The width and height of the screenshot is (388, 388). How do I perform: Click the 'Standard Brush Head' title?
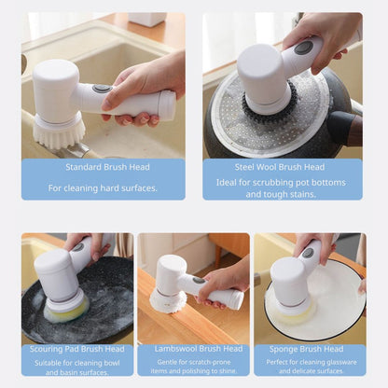(x=107, y=167)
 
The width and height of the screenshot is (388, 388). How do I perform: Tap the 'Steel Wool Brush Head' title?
(x=280, y=167)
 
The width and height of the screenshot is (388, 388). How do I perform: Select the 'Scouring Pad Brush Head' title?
(x=77, y=349)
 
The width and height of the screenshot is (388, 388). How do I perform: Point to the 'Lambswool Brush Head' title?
(x=199, y=349)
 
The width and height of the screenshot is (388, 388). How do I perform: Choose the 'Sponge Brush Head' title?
(x=306, y=349)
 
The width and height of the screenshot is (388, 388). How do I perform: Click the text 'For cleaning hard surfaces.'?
(x=103, y=188)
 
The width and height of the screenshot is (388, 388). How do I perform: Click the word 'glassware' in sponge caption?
(x=340, y=362)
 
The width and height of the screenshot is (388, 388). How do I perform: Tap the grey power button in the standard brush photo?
(x=103, y=89)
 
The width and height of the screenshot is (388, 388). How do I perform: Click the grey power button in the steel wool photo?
(x=304, y=48)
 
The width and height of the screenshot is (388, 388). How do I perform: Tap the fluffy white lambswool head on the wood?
(x=167, y=300)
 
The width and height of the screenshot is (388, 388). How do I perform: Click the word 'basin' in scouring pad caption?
(x=70, y=372)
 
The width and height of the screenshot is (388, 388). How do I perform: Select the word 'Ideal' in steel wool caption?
(x=225, y=182)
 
